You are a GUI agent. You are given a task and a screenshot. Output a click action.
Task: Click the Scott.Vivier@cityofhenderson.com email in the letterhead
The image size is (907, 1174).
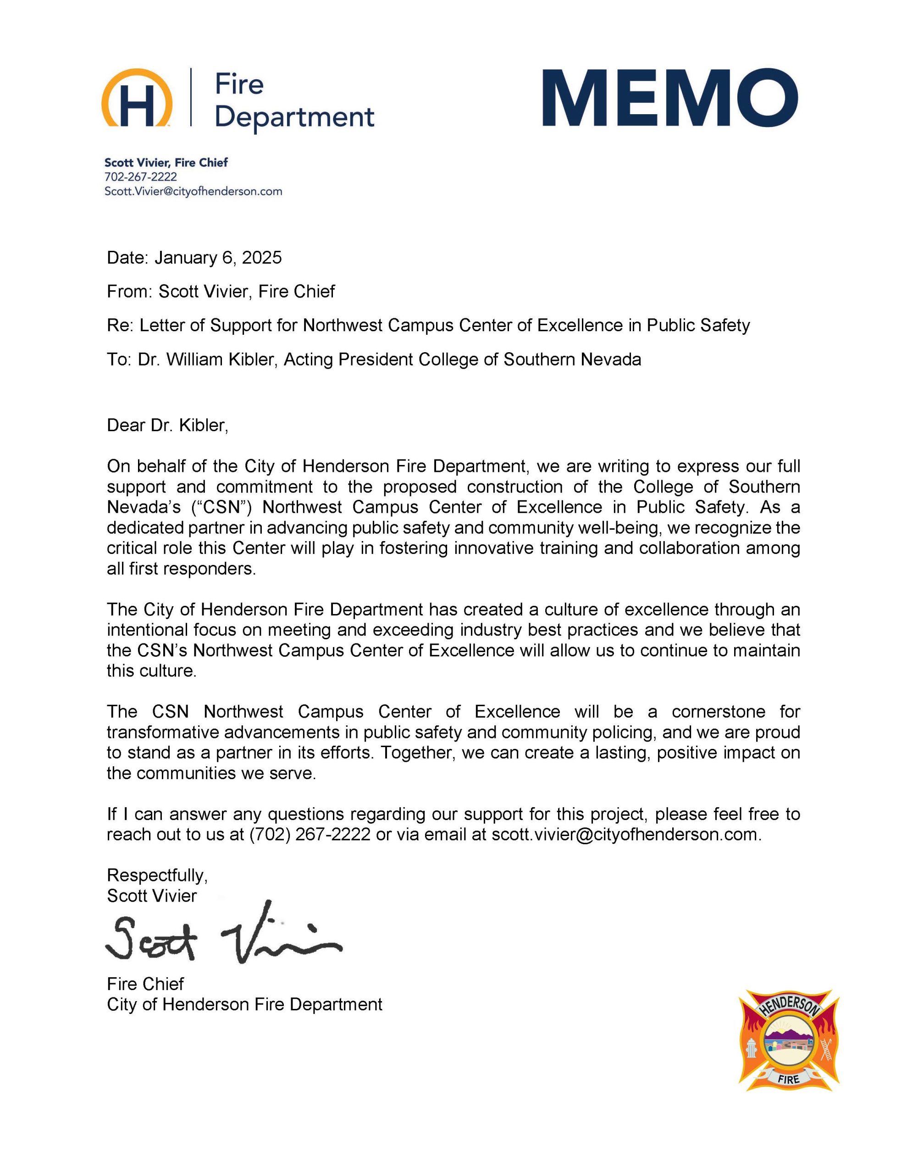click(193, 191)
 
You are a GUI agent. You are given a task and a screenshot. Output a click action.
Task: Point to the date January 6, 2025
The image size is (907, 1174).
click(218, 258)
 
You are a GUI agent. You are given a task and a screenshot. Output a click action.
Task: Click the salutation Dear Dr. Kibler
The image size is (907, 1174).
click(167, 425)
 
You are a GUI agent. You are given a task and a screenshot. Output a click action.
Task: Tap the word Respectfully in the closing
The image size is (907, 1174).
click(157, 875)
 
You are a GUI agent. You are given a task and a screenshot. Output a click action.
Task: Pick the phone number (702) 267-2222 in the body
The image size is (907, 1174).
click(309, 835)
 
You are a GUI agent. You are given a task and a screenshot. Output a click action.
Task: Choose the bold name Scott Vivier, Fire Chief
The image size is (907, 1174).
click(166, 162)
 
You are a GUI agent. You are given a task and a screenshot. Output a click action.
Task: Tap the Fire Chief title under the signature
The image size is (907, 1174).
click(145, 984)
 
